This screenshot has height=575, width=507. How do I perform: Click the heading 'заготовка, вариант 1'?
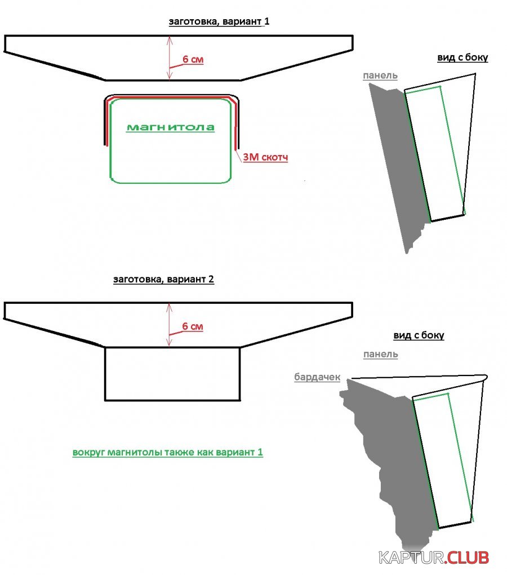(x=217, y=22)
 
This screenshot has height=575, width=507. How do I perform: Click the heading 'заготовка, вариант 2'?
(x=163, y=279)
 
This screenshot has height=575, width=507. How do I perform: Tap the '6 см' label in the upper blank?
(x=193, y=59)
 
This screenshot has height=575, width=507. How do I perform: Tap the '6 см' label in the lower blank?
(x=193, y=326)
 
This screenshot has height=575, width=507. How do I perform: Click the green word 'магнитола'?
(x=170, y=127)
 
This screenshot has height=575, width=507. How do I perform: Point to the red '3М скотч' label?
(x=265, y=158)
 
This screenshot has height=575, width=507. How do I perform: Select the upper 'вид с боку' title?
(x=462, y=57)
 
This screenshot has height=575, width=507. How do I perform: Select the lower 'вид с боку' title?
(x=419, y=335)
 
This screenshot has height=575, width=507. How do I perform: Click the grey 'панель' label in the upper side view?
(x=380, y=76)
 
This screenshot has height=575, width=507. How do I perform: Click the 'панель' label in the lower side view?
(x=380, y=354)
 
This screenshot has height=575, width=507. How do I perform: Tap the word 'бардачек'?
(x=317, y=377)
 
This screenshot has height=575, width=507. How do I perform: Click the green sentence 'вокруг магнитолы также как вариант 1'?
(x=168, y=452)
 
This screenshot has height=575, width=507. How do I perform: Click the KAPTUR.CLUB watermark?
(x=433, y=558)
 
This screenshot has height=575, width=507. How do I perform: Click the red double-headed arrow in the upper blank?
(x=169, y=57)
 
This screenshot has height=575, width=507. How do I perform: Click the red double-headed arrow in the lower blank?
(x=169, y=325)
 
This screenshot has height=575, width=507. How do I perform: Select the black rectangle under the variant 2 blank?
(x=172, y=374)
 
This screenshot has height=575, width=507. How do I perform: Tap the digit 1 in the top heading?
(x=268, y=22)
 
